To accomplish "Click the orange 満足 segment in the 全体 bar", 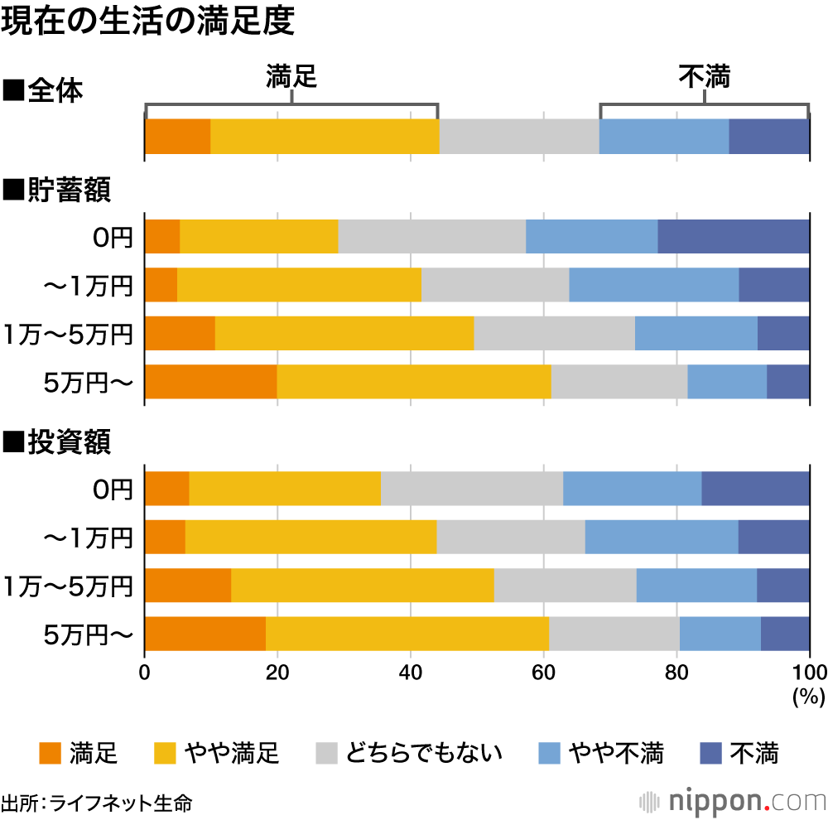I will click(177, 137).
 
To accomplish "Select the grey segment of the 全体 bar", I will click(519, 137).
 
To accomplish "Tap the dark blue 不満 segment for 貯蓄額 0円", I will click(734, 237).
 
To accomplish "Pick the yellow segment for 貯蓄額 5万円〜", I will click(414, 382).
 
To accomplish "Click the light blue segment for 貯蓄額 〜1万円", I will click(654, 285).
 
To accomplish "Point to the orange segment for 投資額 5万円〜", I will click(205, 634).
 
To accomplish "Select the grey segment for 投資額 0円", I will click(472, 488).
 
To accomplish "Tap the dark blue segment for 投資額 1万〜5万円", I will click(783, 586).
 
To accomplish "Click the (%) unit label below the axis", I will click(808, 697).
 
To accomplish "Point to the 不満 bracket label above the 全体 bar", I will click(705, 77).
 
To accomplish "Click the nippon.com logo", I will click(734, 801).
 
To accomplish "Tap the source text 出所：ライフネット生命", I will click(97, 803).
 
